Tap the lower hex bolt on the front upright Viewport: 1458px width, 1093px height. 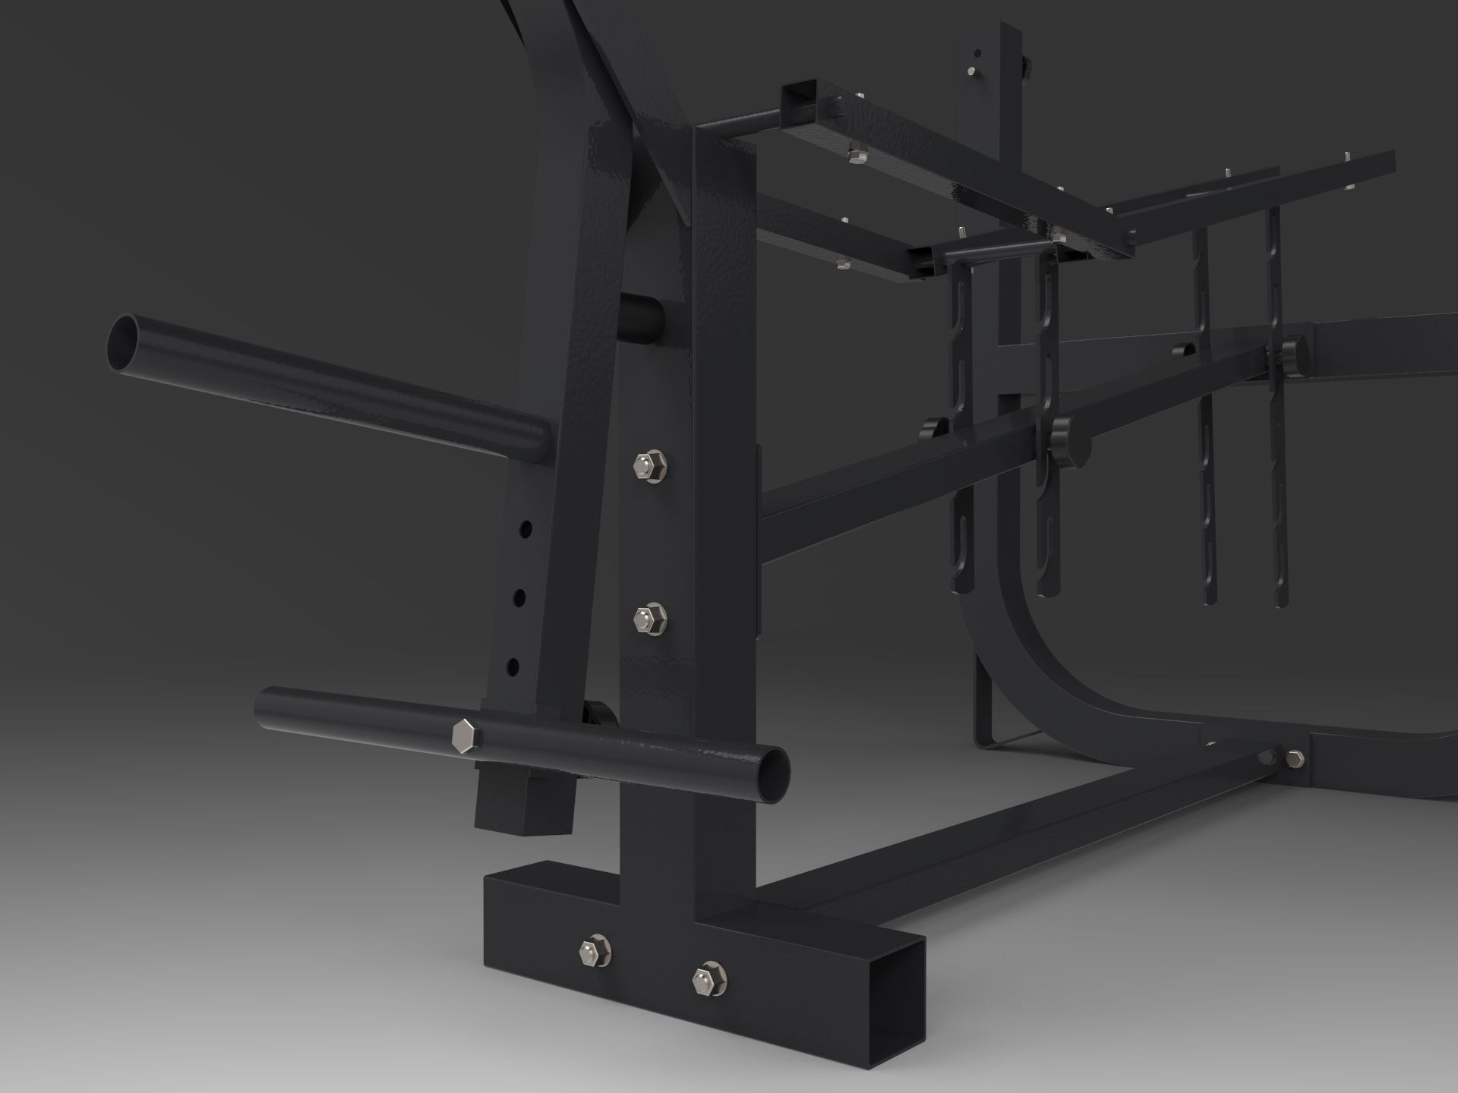point(649,617)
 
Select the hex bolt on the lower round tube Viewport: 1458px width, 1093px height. point(464,736)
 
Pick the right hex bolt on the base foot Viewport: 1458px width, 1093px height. point(708,979)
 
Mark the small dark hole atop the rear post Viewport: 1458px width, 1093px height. point(977,53)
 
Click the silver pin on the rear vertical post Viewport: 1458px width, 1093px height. point(974,73)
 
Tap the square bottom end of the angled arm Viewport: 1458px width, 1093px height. point(524,809)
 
